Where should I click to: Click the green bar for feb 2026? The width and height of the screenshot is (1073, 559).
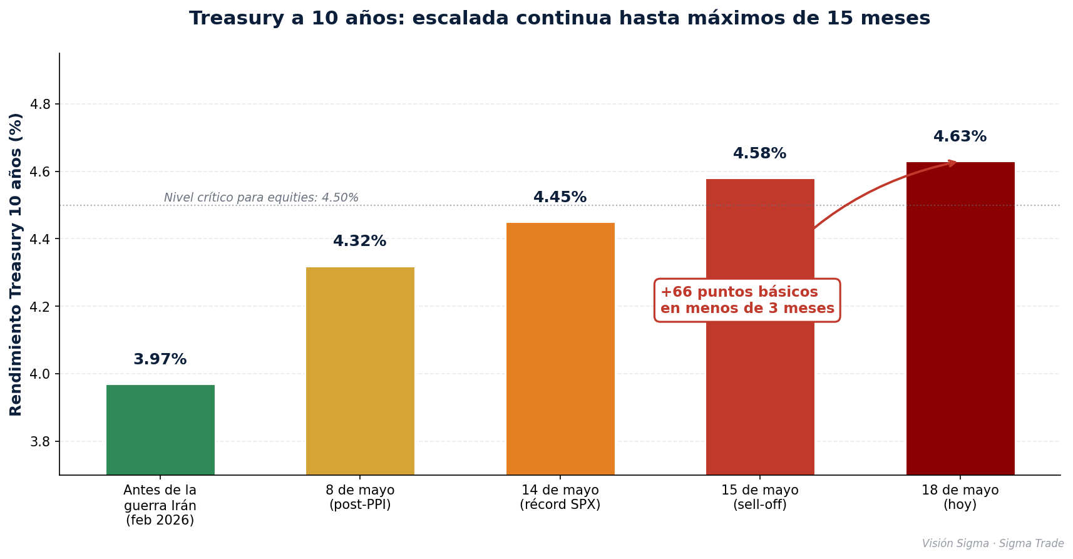[x=160, y=429]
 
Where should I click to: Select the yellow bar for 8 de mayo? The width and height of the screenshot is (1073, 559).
[x=360, y=371]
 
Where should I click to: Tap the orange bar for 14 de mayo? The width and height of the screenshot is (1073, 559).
[x=560, y=349]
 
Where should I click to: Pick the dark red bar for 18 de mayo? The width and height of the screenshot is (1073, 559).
[x=960, y=319]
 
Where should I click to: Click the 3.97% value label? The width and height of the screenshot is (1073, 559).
[x=160, y=359]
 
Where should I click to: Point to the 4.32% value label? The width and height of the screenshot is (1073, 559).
[x=360, y=241]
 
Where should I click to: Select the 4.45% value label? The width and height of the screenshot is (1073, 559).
[x=560, y=197]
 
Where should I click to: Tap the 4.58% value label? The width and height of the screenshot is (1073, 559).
[x=760, y=153]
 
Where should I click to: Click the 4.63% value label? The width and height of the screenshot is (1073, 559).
[x=960, y=136]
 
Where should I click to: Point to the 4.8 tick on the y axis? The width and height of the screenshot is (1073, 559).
[x=41, y=104]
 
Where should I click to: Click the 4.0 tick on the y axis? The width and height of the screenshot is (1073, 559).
[x=41, y=374]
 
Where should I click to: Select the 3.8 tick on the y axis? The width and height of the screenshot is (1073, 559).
[x=41, y=442]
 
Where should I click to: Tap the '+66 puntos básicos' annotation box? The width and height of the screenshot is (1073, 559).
[x=747, y=300]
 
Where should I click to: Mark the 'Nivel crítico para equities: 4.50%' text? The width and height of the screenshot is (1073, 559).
[x=261, y=197]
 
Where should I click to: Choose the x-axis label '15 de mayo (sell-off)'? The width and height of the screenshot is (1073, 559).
[x=760, y=497]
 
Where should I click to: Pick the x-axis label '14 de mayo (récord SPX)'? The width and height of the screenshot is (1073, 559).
[x=560, y=497]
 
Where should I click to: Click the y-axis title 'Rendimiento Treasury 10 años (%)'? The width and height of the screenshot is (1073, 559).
[x=15, y=264]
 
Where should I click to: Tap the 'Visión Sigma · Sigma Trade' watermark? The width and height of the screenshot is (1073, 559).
[x=993, y=544]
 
